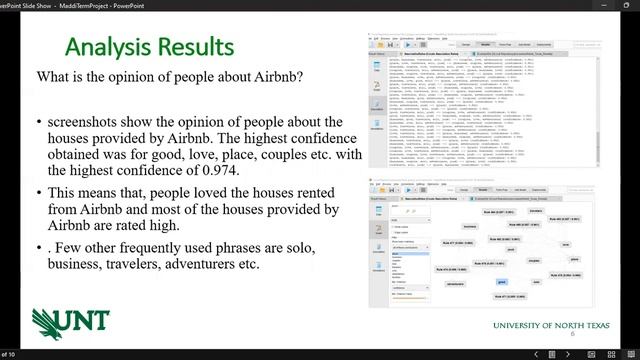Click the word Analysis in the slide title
click(x=108, y=47)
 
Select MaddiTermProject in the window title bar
click(x=79, y=5)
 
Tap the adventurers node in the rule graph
click(x=456, y=283)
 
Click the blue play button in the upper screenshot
click(x=409, y=44)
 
